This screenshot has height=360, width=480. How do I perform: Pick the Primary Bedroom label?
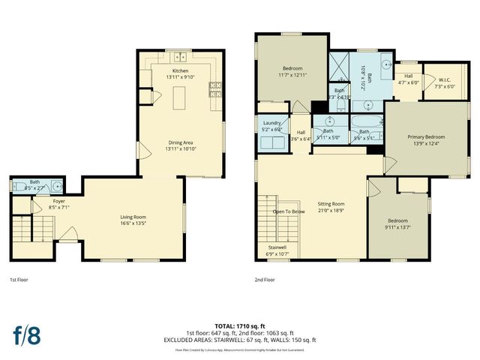pos(426,136)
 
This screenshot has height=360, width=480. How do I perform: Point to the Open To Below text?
pos(288,211)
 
